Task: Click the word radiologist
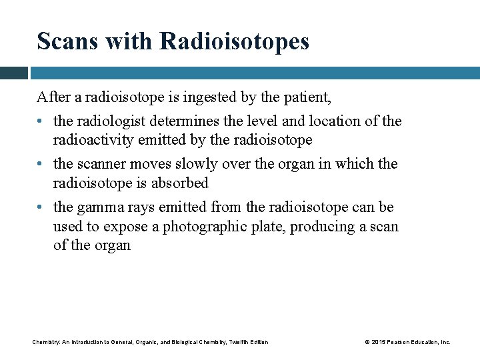tap(110, 121)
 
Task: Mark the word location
tap(331, 121)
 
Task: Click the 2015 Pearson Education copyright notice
tap(407, 342)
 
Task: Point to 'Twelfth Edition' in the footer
tap(248, 342)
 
